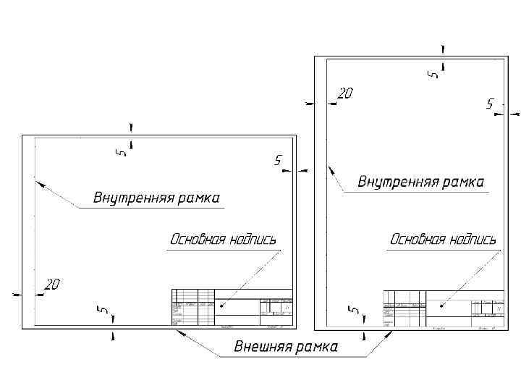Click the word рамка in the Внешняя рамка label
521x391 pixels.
[x=316, y=348]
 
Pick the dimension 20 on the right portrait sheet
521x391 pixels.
[x=346, y=93]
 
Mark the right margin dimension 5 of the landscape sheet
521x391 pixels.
[x=278, y=160]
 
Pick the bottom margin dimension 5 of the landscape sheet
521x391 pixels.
[x=103, y=310]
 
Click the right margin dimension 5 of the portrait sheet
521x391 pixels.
[x=490, y=104]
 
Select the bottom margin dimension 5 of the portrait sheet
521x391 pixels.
[x=354, y=310]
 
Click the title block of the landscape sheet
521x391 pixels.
[x=232, y=307]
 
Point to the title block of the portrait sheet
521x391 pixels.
[x=443, y=308]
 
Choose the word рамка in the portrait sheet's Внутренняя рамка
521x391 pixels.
[x=462, y=182]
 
